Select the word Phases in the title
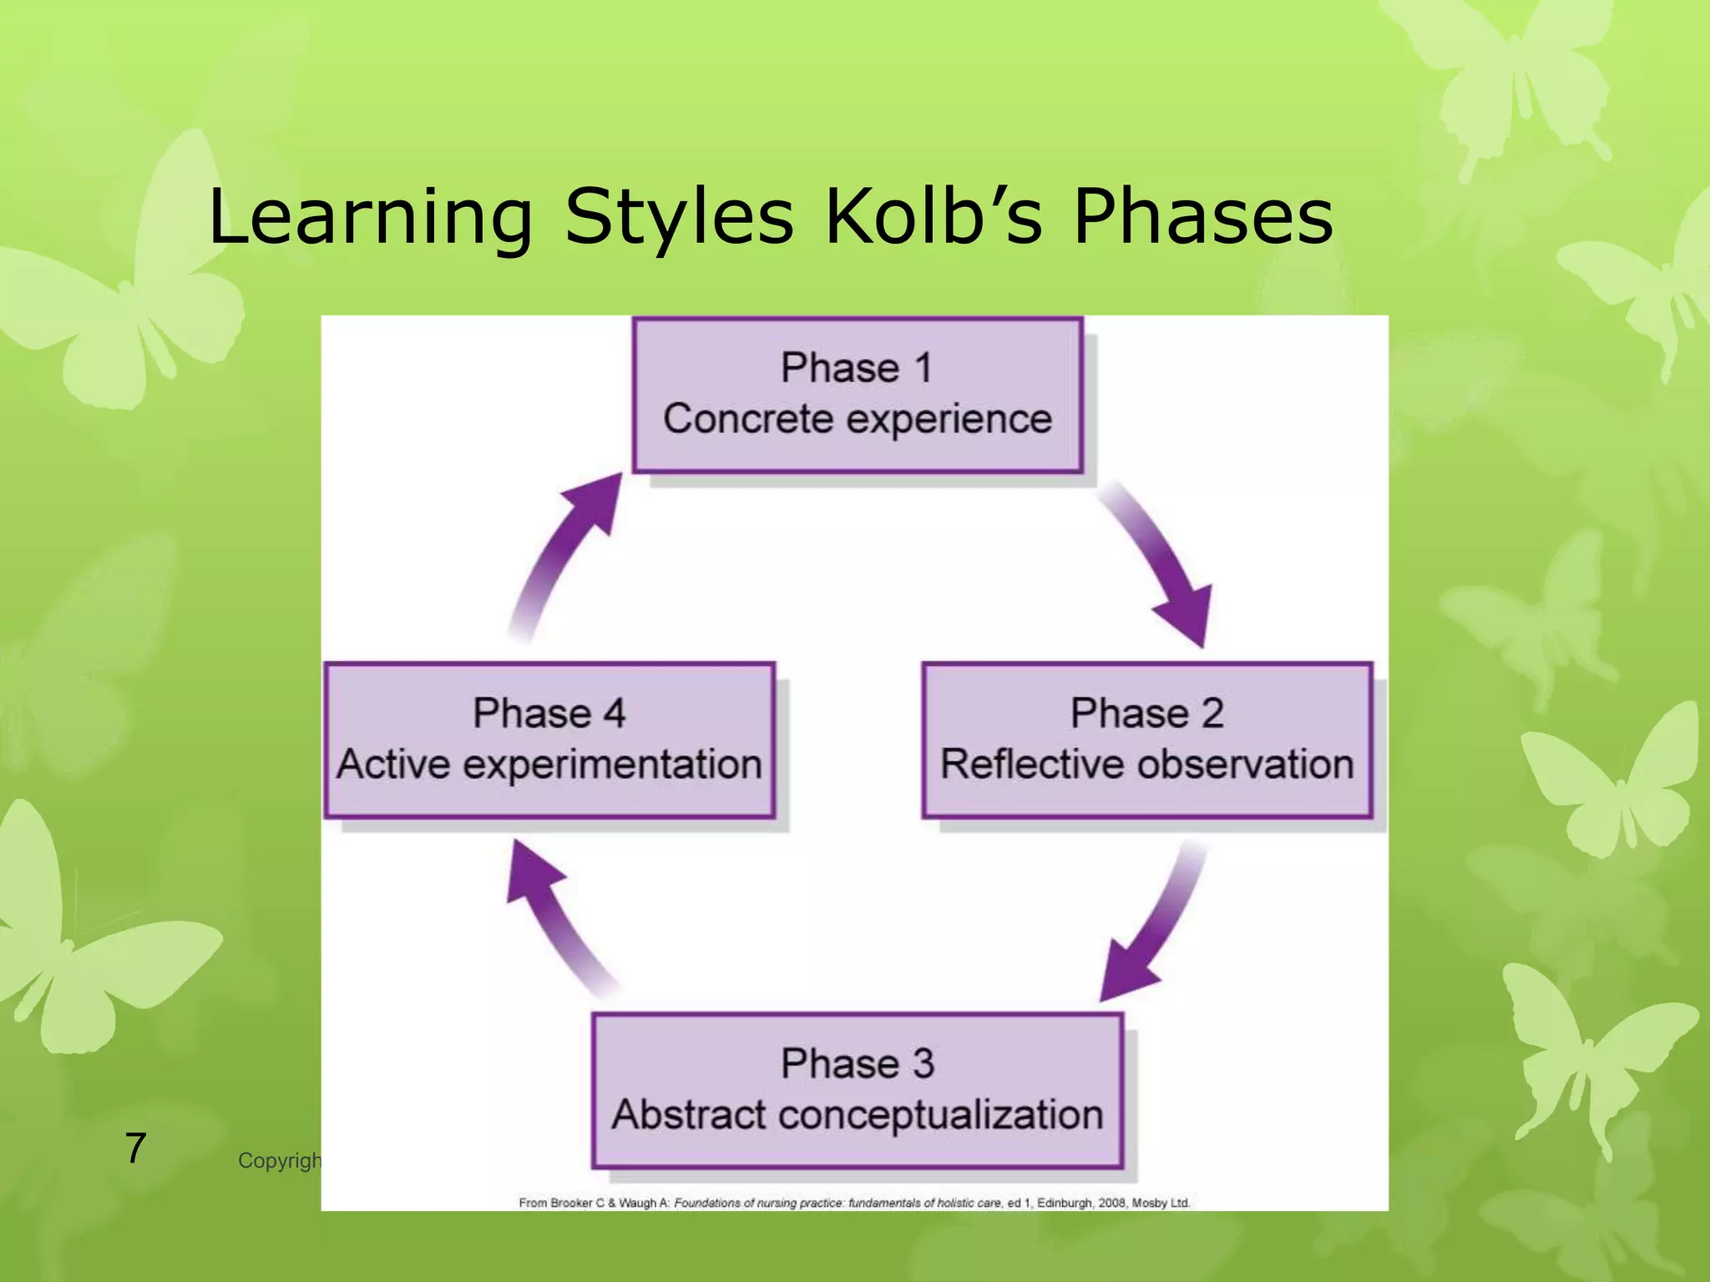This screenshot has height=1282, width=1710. point(1202,217)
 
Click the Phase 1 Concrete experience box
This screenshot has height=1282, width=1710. point(858,394)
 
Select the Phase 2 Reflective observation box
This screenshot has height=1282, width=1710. point(1146,739)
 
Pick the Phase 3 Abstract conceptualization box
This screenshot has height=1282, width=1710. point(858,1089)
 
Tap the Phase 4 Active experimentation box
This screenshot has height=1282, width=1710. point(549,739)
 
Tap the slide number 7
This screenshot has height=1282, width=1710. point(136,1148)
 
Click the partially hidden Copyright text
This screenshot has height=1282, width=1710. point(279,1161)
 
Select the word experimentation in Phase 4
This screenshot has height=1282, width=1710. point(612,765)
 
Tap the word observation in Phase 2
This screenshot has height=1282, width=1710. point(1245,765)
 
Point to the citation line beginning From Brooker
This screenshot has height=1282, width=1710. point(854,1203)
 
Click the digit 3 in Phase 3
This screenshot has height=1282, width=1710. point(923,1064)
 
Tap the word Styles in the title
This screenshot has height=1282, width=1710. point(678,217)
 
